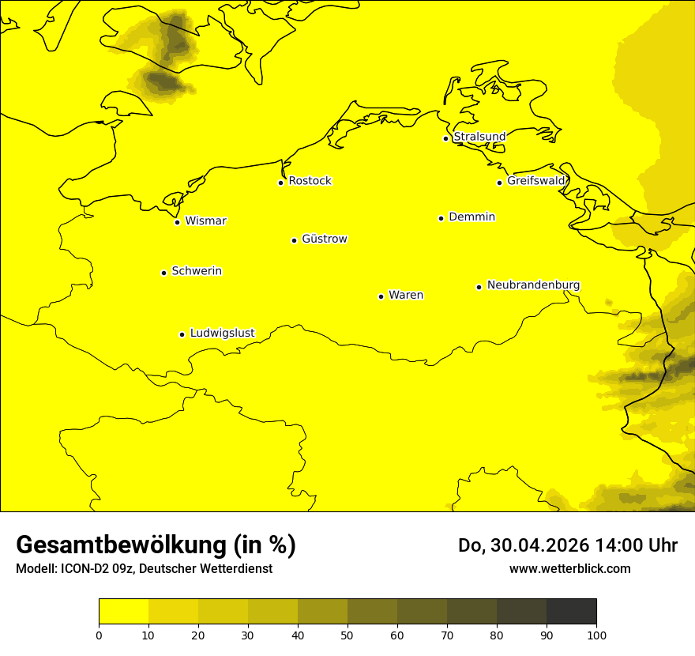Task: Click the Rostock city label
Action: click(310, 181)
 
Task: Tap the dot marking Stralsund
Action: click(445, 138)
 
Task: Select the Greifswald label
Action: click(536, 181)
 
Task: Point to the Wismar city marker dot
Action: click(178, 222)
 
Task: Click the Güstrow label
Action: click(324, 239)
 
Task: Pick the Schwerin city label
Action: click(197, 271)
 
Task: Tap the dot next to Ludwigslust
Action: click(182, 334)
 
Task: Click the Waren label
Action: click(406, 295)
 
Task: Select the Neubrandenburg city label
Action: click(533, 285)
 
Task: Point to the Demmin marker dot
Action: click(441, 218)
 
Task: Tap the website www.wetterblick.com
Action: click(569, 568)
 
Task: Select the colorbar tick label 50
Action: click(347, 635)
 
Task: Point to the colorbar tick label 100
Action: click(596, 635)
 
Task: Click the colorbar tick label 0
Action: click(99, 635)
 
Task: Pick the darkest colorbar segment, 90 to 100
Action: click(571, 611)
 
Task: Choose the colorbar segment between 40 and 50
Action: click(322, 611)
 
